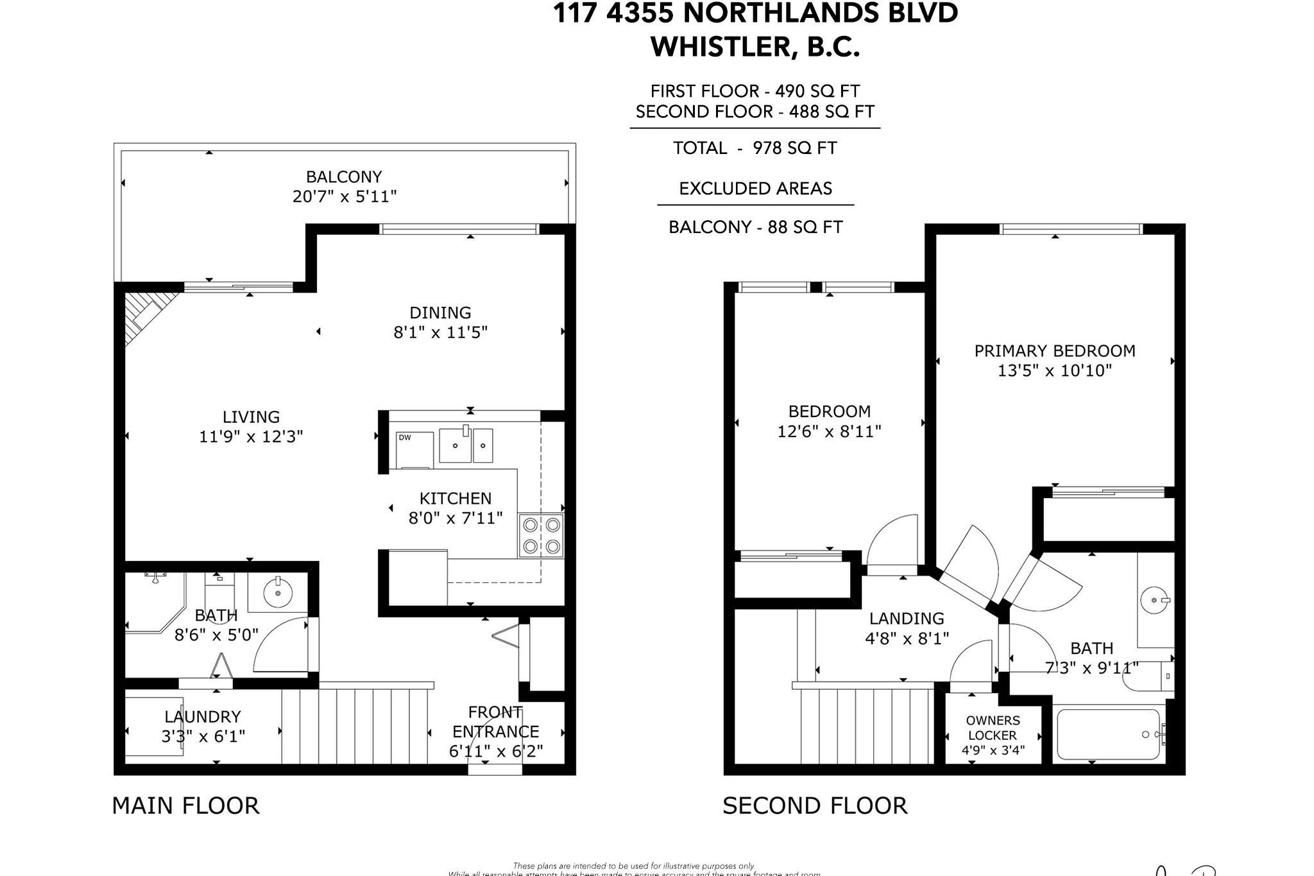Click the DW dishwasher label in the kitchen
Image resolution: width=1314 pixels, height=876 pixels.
[x=405, y=438]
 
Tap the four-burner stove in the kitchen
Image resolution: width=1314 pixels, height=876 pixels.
[x=542, y=536]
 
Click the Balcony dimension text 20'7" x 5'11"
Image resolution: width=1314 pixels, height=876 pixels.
[x=345, y=196]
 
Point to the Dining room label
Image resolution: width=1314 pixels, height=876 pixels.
[x=440, y=313]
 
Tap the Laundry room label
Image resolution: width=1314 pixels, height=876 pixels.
[x=203, y=717]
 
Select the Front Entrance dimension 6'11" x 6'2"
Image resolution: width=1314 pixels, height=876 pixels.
[x=496, y=751]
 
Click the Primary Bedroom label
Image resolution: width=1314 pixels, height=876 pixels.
[x=1055, y=351]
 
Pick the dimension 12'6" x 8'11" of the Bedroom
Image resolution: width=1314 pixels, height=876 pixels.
[x=829, y=431]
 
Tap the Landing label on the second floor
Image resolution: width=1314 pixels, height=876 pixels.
[x=907, y=619]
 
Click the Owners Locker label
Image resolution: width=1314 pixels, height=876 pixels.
[x=993, y=728]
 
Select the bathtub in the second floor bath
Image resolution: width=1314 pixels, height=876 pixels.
[x=1109, y=735]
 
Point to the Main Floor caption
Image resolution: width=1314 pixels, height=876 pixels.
[x=185, y=805]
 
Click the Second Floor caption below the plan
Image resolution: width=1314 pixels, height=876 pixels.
[x=815, y=805]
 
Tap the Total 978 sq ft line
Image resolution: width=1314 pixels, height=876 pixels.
[x=755, y=148]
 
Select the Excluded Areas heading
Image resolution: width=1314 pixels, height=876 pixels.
[x=755, y=189]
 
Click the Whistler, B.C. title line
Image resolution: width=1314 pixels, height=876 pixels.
[x=755, y=47]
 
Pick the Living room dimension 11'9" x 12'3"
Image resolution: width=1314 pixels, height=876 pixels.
[x=251, y=437]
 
